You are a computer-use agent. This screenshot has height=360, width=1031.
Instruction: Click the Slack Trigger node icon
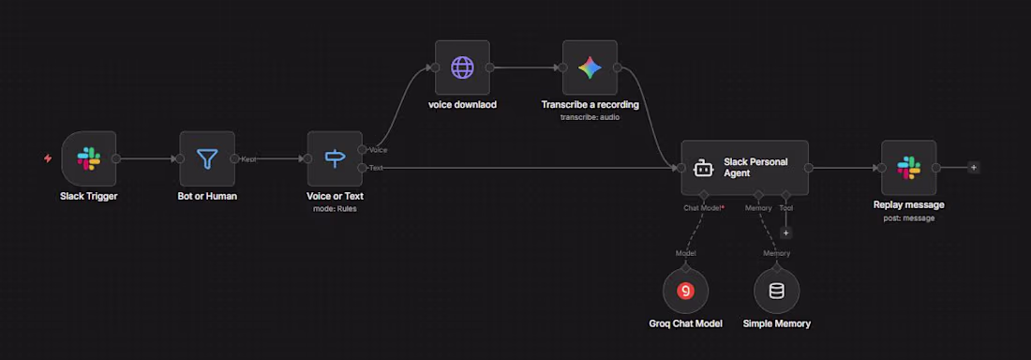89,158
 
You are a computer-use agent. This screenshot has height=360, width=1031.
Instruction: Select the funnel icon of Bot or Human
207,158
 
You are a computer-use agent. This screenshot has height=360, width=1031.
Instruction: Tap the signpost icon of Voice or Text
335,157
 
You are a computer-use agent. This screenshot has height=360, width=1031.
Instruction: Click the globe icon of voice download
462,67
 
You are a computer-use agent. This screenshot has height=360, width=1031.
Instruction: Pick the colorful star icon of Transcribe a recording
590,67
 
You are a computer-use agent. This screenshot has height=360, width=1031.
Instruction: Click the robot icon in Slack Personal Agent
703,168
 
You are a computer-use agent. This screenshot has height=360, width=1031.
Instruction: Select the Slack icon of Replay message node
909,168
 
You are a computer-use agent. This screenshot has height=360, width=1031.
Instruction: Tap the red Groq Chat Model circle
686,291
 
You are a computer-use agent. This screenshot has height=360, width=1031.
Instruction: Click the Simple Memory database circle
777,291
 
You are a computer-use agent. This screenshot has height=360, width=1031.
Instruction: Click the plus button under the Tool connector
785,233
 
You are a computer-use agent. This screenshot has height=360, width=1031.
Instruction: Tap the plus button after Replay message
974,167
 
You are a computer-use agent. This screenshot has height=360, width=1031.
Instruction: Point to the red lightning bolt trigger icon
48,157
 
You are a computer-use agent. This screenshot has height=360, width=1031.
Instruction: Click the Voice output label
378,150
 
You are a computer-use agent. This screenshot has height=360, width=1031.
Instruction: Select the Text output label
376,168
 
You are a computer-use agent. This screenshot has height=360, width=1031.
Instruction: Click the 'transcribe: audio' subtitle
590,117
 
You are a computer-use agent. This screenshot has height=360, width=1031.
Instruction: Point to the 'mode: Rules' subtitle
335,209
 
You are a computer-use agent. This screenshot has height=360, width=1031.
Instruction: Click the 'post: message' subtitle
909,217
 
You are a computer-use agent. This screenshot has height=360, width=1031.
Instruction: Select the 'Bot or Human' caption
207,196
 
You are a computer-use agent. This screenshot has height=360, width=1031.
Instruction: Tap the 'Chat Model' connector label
702,208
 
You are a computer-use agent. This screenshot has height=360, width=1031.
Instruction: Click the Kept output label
248,159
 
